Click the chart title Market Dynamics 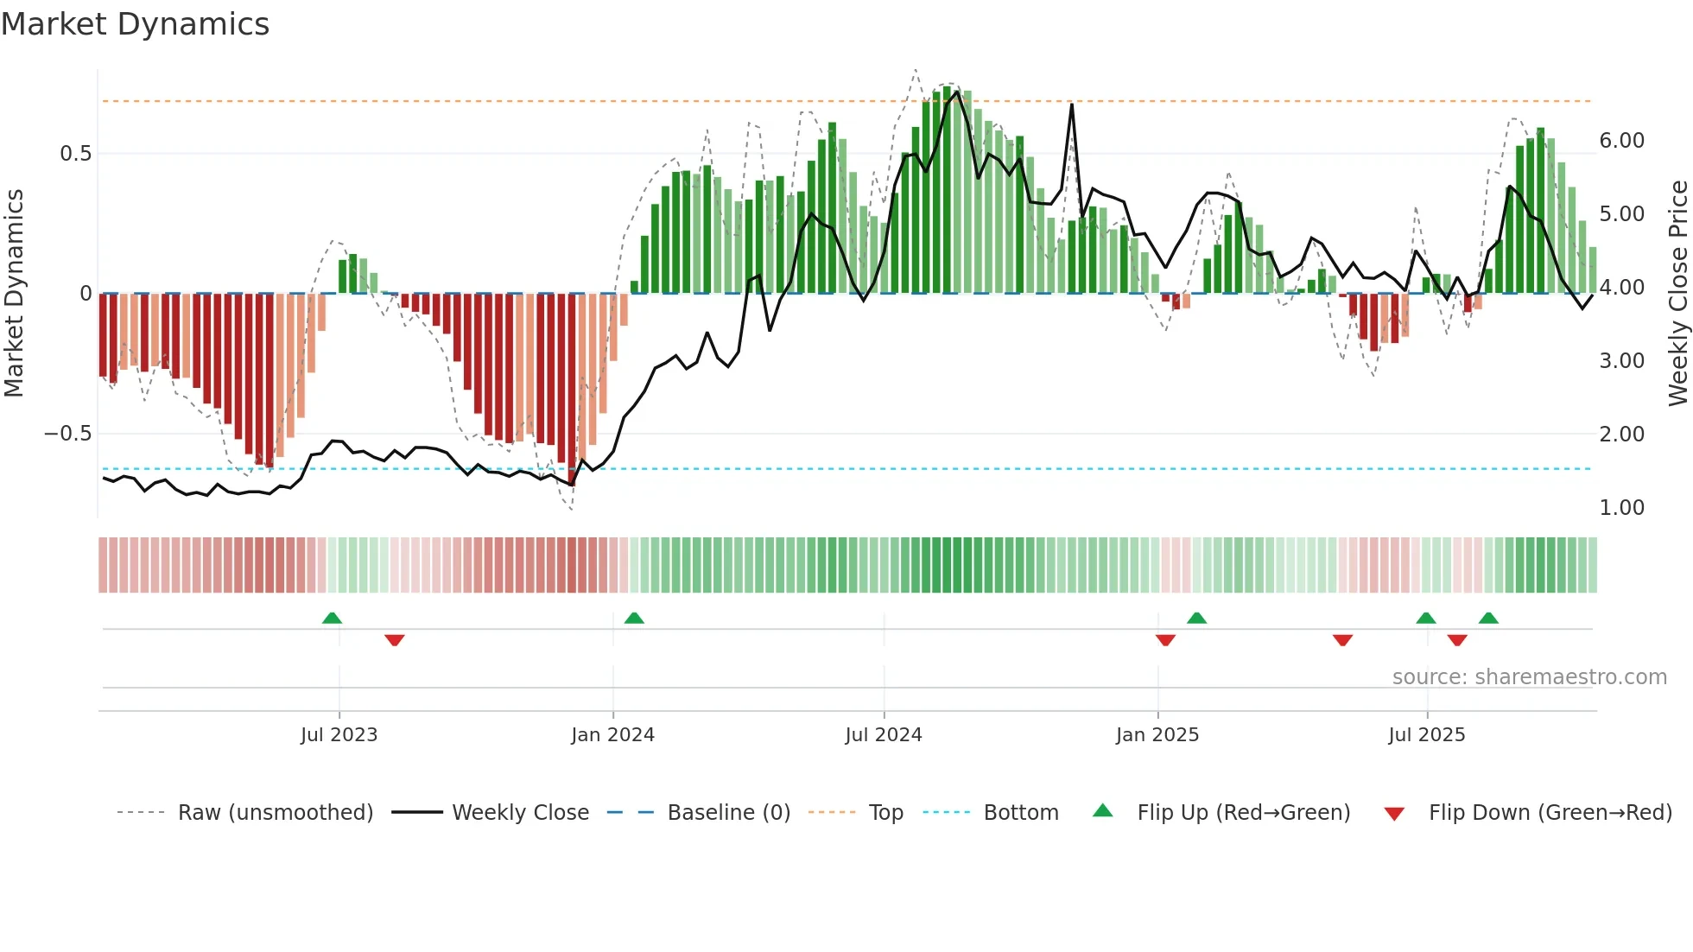[136, 24]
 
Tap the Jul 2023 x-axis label [339, 735]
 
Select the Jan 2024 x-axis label [612, 735]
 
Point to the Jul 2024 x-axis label [884, 735]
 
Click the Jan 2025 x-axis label [1157, 735]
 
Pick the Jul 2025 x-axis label [1427, 735]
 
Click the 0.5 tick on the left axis [76, 154]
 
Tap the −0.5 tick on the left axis [68, 434]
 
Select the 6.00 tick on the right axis [1621, 141]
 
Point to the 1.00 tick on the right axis [1621, 508]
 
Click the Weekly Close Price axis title [1677, 293]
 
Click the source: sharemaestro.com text [1529, 677]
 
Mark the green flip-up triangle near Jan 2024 [634, 618]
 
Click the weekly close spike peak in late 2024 [1072, 105]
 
